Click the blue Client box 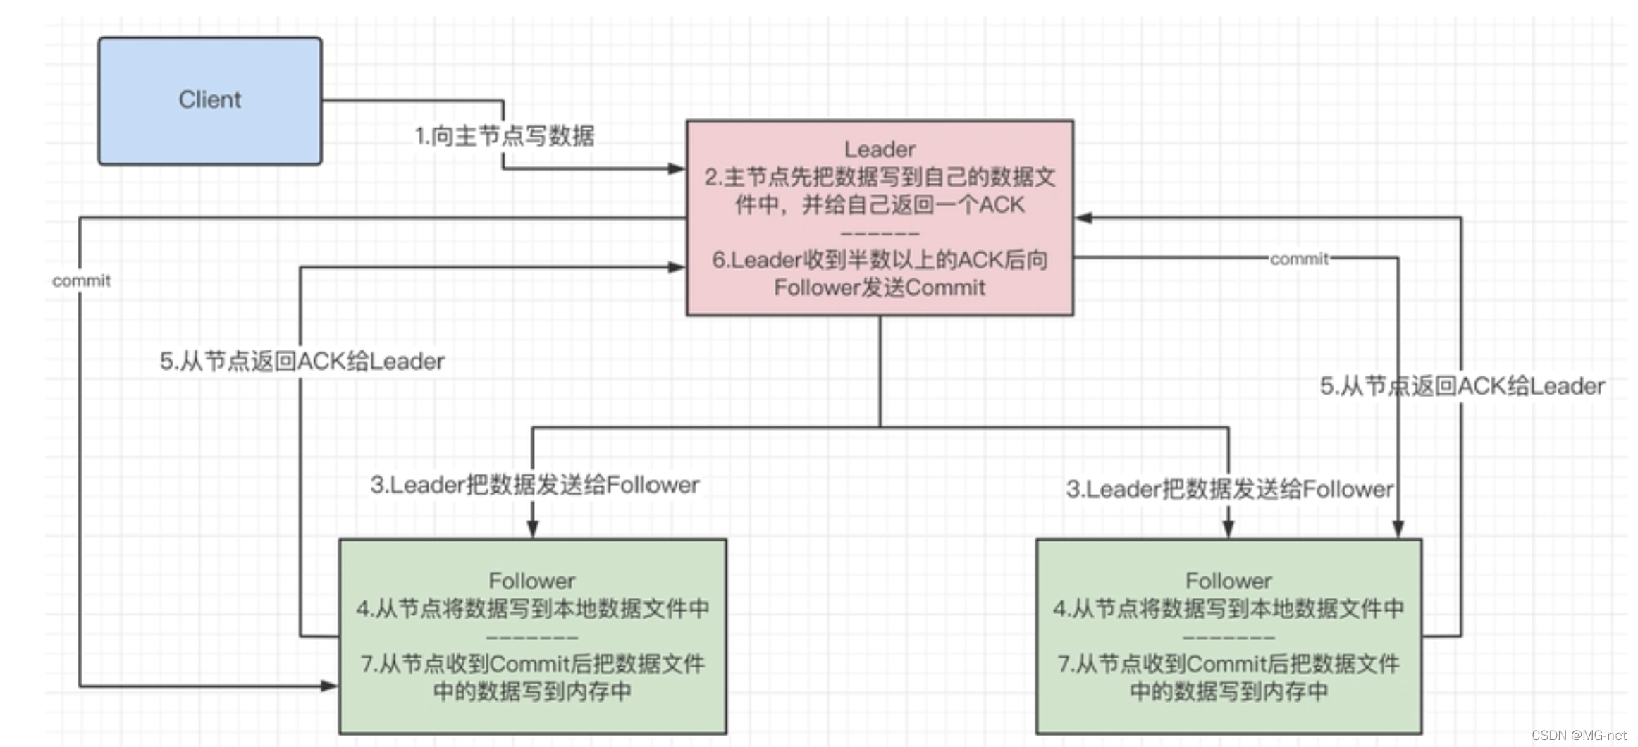[x=209, y=101]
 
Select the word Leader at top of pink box [x=880, y=149]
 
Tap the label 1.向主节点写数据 [x=505, y=135]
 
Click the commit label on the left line [x=82, y=280]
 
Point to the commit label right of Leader [x=1299, y=259]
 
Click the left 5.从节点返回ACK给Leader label [x=302, y=362]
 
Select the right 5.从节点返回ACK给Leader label [x=1462, y=386]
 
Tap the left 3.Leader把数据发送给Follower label [x=534, y=485]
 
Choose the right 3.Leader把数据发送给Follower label [x=1229, y=489]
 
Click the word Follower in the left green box [x=532, y=581]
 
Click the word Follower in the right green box [x=1228, y=581]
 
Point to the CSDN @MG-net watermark [x=1578, y=735]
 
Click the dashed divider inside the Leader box [x=880, y=233]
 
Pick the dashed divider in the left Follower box [x=532, y=637]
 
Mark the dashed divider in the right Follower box [x=1228, y=637]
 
